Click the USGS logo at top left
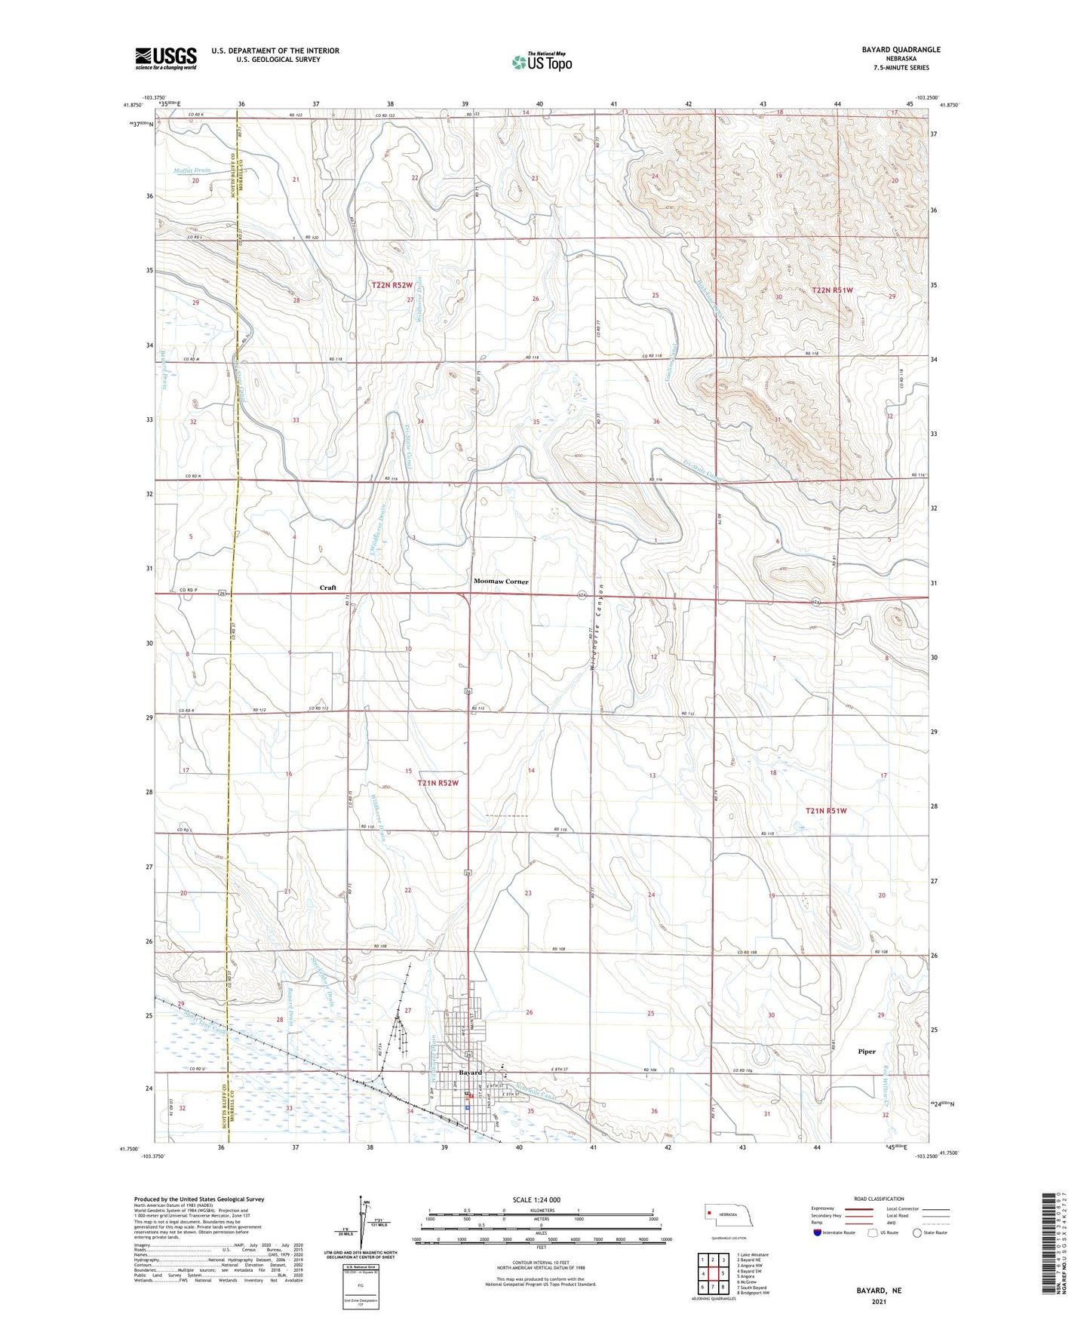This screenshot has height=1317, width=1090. click(x=165, y=58)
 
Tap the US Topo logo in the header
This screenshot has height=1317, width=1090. click(x=541, y=62)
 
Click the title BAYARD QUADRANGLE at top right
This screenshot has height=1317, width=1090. click(x=901, y=50)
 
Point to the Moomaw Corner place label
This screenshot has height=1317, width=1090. click(x=501, y=582)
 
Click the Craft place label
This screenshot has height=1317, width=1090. click(x=327, y=587)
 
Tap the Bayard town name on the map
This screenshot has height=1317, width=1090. click(x=470, y=1072)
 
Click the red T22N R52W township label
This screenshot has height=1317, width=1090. click(x=392, y=285)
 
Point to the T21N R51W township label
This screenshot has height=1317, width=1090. click(x=826, y=811)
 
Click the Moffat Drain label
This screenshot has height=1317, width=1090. click(x=192, y=170)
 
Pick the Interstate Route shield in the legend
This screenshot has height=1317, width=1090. click(x=818, y=1233)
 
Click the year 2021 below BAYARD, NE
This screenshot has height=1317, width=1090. click(x=878, y=1302)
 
